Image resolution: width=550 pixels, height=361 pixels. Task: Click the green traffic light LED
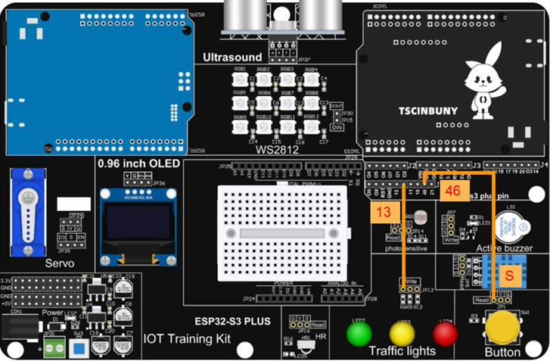pyautogui.click(x=360, y=332)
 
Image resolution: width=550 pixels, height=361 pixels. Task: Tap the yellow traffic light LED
pyautogui.click(x=402, y=332)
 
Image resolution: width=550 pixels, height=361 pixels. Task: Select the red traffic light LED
pyautogui.click(x=445, y=332)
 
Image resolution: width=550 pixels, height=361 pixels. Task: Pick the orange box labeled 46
pyautogui.click(x=453, y=191)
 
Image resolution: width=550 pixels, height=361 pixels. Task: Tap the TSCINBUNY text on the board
pyautogui.click(x=428, y=110)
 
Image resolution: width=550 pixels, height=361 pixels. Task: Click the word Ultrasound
pyautogui.click(x=232, y=57)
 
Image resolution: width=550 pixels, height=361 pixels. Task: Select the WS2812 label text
pyautogui.click(x=277, y=150)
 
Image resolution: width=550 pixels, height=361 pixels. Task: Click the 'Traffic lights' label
pyautogui.click(x=402, y=351)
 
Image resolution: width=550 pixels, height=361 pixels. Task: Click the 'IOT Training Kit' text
pyautogui.click(x=187, y=338)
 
